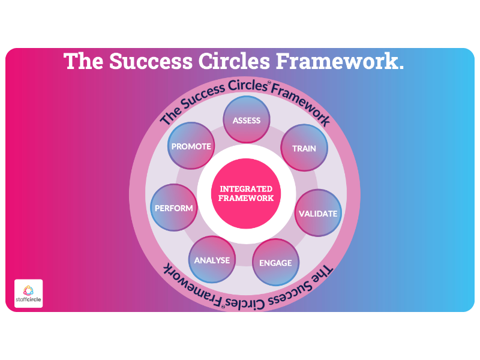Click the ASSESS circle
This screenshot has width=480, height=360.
tap(247, 119)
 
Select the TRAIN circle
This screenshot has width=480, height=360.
tap(304, 148)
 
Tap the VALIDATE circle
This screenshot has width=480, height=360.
tap(318, 213)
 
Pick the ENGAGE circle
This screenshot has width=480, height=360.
tap(276, 262)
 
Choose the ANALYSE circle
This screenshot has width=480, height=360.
tap(212, 260)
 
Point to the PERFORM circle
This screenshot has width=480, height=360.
tap(174, 208)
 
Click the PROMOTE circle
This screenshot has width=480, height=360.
tap(191, 146)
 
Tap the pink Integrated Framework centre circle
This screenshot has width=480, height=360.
tap(246, 193)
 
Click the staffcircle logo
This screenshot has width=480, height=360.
tap(28, 293)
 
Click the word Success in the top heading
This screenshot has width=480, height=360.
tap(151, 61)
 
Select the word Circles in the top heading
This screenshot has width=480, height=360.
tap(234, 61)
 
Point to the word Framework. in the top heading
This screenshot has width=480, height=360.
tap(340, 61)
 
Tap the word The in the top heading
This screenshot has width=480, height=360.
tap(83, 61)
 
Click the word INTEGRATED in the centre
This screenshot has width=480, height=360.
tap(246, 189)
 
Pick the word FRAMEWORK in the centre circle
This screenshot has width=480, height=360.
tap(246, 198)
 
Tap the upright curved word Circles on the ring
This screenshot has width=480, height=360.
tap(248, 85)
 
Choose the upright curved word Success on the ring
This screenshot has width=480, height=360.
tap(202, 97)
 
